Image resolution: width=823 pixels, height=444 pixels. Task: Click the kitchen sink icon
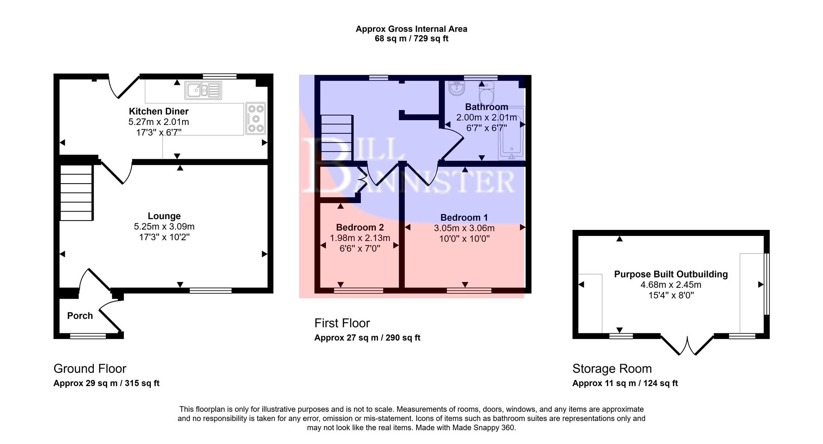pos(203,91)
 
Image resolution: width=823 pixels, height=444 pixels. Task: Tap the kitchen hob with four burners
pos(256,119)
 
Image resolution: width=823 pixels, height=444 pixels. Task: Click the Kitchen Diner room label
pos(159,111)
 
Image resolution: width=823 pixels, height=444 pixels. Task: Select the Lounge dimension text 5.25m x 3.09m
pos(164,227)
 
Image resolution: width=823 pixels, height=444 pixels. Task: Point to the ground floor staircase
pos(76,193)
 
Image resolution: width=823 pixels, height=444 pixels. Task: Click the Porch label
pos(80,316)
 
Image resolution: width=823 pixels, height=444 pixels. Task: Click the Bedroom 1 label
pos(464,217)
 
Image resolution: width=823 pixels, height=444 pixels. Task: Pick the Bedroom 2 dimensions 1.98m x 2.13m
pos(360,238)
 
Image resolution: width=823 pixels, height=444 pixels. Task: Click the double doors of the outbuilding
pos(687,346)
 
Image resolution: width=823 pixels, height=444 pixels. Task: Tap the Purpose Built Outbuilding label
pos(671,274)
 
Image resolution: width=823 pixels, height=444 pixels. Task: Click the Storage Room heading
pos(612,368)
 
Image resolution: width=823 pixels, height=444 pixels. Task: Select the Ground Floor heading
pos(90,368)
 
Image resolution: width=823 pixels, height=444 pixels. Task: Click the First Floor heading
pos(342,323)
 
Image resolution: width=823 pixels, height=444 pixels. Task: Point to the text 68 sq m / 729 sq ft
pos(411,39)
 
